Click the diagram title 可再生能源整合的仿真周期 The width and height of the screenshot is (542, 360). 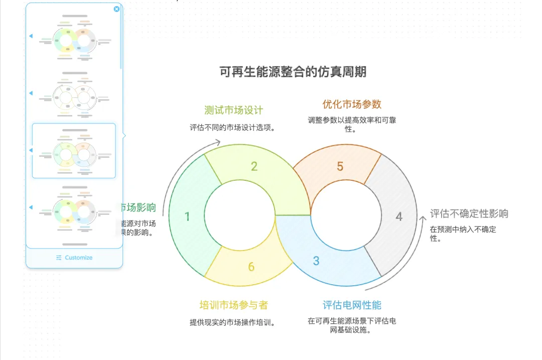293,72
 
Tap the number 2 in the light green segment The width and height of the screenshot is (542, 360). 254,166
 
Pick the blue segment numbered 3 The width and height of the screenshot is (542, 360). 316,261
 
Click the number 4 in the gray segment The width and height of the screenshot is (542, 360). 399,216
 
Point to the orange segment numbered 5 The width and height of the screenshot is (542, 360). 340,166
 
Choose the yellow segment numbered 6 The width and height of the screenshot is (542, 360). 251,267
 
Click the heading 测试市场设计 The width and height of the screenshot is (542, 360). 234,110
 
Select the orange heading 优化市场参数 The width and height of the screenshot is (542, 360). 352,104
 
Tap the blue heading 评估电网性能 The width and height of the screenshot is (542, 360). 352,305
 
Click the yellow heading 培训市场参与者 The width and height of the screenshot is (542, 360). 234,305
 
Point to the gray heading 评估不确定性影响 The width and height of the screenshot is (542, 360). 469,213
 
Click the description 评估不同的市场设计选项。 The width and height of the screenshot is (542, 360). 234,128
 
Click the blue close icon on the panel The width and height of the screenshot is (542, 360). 117,9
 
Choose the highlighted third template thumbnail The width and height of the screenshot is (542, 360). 74,151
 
